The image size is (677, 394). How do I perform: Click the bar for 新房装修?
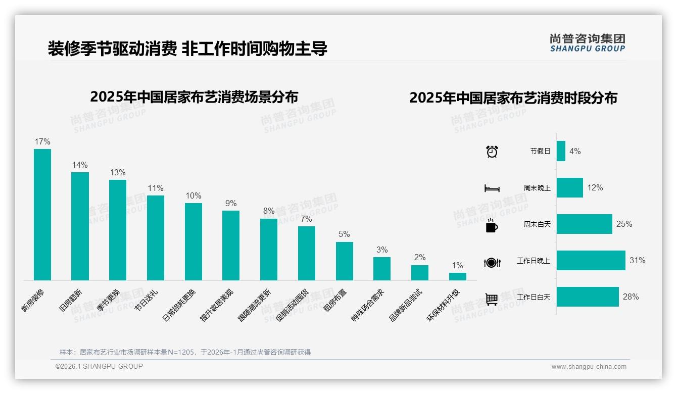[42, 214]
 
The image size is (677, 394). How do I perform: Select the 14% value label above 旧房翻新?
[80, 165]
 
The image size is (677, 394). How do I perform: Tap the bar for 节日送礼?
[156, 237]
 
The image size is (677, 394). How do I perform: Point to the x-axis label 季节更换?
[109, 300]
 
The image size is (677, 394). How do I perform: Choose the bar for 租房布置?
[345, 261]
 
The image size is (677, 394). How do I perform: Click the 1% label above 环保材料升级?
[457, 265]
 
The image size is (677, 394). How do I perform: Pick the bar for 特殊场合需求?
[382, 268]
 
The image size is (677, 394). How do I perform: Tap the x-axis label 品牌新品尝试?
[406, 305]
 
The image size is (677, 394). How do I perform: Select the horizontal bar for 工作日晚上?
[591, 261]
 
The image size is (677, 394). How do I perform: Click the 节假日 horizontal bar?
[561, 151]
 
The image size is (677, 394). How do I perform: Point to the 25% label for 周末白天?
[624, 224]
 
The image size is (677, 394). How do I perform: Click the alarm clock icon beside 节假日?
[492, 152]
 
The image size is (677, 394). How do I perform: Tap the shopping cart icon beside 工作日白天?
[492, 299]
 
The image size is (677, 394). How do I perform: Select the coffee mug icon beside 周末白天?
[492, 226]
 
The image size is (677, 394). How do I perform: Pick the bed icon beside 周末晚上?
[492, 188]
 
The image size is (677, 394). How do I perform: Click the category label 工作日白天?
[534, 297]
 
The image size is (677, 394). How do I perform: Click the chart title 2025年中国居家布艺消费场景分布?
[194, 96]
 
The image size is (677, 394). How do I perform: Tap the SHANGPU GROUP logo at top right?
[587, 43]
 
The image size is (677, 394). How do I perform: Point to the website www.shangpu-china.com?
[589, 367]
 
